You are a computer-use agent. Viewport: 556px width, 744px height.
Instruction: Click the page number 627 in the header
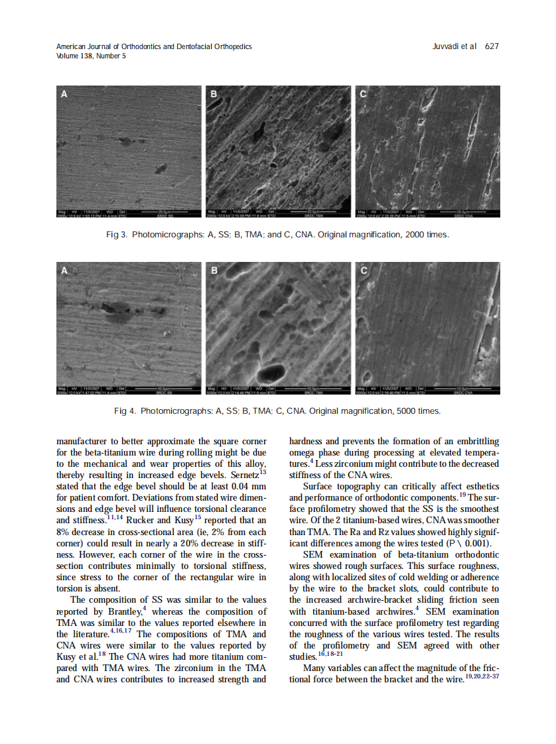click(x=492, y=46)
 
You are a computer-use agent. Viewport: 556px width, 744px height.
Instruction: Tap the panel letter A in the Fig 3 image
click(x=64, y=95)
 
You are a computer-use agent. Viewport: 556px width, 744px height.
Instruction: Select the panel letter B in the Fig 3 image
click(x=214, y=95)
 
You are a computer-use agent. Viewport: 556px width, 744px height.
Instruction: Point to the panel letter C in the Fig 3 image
click(x=363, y=95)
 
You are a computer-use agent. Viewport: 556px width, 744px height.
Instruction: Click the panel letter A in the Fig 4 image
click(x=64, y=271)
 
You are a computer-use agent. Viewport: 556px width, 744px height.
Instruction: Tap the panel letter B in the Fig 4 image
click(x=214, y=271)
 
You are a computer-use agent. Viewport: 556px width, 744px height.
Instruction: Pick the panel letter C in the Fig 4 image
click(x=363, y=271)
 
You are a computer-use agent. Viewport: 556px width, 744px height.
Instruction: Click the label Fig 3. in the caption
click(x=117, y=235)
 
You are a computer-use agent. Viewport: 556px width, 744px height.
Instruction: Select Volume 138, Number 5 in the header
click(x=91, y=56)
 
